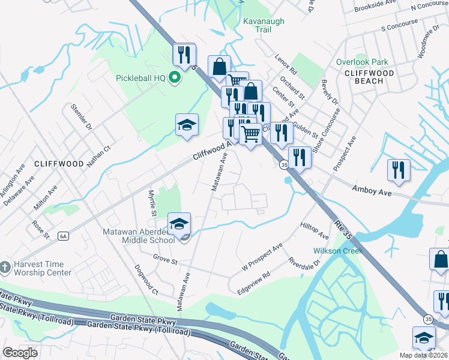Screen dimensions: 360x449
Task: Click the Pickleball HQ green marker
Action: pyautogui.click(x=175, y=79)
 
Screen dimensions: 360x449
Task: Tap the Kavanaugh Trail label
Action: pyautogui.click(x=264, y=25)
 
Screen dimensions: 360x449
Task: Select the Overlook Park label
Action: pyautogui.click(x=362, y=62)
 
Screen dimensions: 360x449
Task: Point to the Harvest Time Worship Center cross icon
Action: pyautogui.click(x=5, y=266)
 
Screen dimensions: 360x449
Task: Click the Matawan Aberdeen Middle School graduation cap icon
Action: pyautogui.click(x=179, y=224)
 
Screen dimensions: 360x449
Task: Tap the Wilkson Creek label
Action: pyautogui.click(x=337, y=251)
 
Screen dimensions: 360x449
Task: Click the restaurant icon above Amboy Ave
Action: pyautogui.click(x=399, y=170)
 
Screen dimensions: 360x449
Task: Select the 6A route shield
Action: pyautogui.click(x=63, y=236)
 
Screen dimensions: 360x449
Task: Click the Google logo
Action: pyautogui.click(x=20, y=353)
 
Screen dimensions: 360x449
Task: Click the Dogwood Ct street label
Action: pyautogui.click(x=146, y=280)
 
